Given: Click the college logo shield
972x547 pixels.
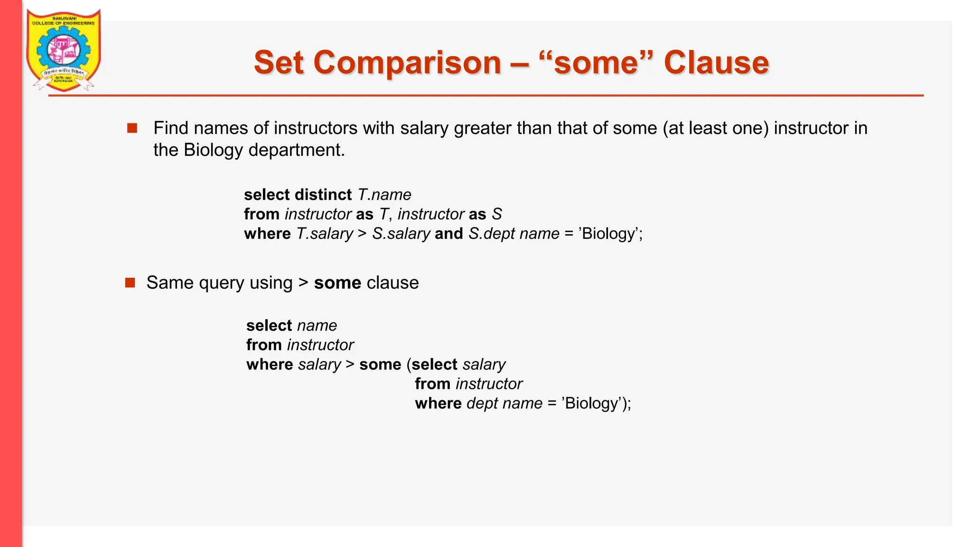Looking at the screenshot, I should [x=63, y=50].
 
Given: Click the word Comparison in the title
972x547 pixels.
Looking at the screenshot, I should [x=407, y=63].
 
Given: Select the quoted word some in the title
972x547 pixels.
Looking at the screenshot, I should [x=596, y=63].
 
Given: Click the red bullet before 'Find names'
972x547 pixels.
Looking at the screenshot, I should [x=132, y=128].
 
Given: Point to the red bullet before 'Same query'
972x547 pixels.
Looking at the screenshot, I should [x=130, y=283].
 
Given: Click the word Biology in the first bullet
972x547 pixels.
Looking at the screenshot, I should [x=213, y=150].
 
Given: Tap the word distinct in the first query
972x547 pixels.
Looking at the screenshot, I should [x=323, y=195].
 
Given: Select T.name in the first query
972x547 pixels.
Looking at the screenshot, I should [x=384, y=195].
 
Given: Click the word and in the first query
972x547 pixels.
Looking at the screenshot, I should [x=449, y=234].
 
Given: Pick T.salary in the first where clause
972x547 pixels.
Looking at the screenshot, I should [x=325, y=234].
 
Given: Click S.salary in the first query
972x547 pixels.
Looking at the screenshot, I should [x=401, y=234].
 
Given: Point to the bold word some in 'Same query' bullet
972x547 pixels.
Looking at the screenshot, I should [x=337, y=283].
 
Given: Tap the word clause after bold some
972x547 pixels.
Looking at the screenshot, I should [x=393, y=283].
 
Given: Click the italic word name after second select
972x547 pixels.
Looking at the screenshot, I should [x=317, y=326].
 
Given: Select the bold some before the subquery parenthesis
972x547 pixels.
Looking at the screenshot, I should [x=380, y=365].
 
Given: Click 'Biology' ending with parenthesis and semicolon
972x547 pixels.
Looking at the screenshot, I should [x=596, y=404].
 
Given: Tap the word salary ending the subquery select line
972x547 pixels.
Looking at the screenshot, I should [x=484, y=365].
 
